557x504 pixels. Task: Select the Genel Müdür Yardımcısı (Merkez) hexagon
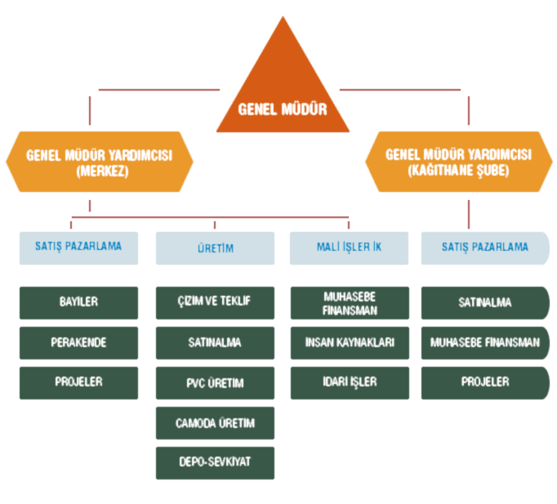point(100,162)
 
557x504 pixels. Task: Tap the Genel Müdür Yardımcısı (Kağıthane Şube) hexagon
point(458,162)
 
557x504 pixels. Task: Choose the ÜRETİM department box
point(216,248)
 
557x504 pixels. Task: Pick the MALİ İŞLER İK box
point(349,248)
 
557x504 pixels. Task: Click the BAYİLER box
point(78,302)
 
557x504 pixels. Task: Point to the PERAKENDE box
point(78,342)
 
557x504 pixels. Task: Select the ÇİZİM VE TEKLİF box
point(215,302)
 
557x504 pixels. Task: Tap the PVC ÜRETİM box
point(215,382)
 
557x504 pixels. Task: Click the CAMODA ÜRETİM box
point(215,423)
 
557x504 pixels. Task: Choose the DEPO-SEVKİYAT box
point(215,462)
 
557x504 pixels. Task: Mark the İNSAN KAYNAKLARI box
point(349,342)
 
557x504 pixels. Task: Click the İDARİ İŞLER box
point(349,381)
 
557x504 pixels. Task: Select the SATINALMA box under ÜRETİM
point(215,342)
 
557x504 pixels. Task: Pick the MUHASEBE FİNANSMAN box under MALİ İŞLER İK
point(349,302)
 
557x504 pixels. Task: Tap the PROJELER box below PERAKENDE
point(78,381)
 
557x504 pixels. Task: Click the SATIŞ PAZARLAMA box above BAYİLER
point(78,248)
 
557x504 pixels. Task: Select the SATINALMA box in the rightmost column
point(485,302)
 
